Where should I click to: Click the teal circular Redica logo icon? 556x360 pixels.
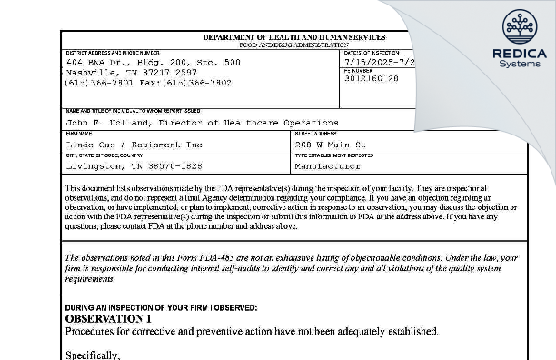[519, 25]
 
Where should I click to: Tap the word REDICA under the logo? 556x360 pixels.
[519, 54]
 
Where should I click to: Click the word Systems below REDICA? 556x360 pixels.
[519, 65]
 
